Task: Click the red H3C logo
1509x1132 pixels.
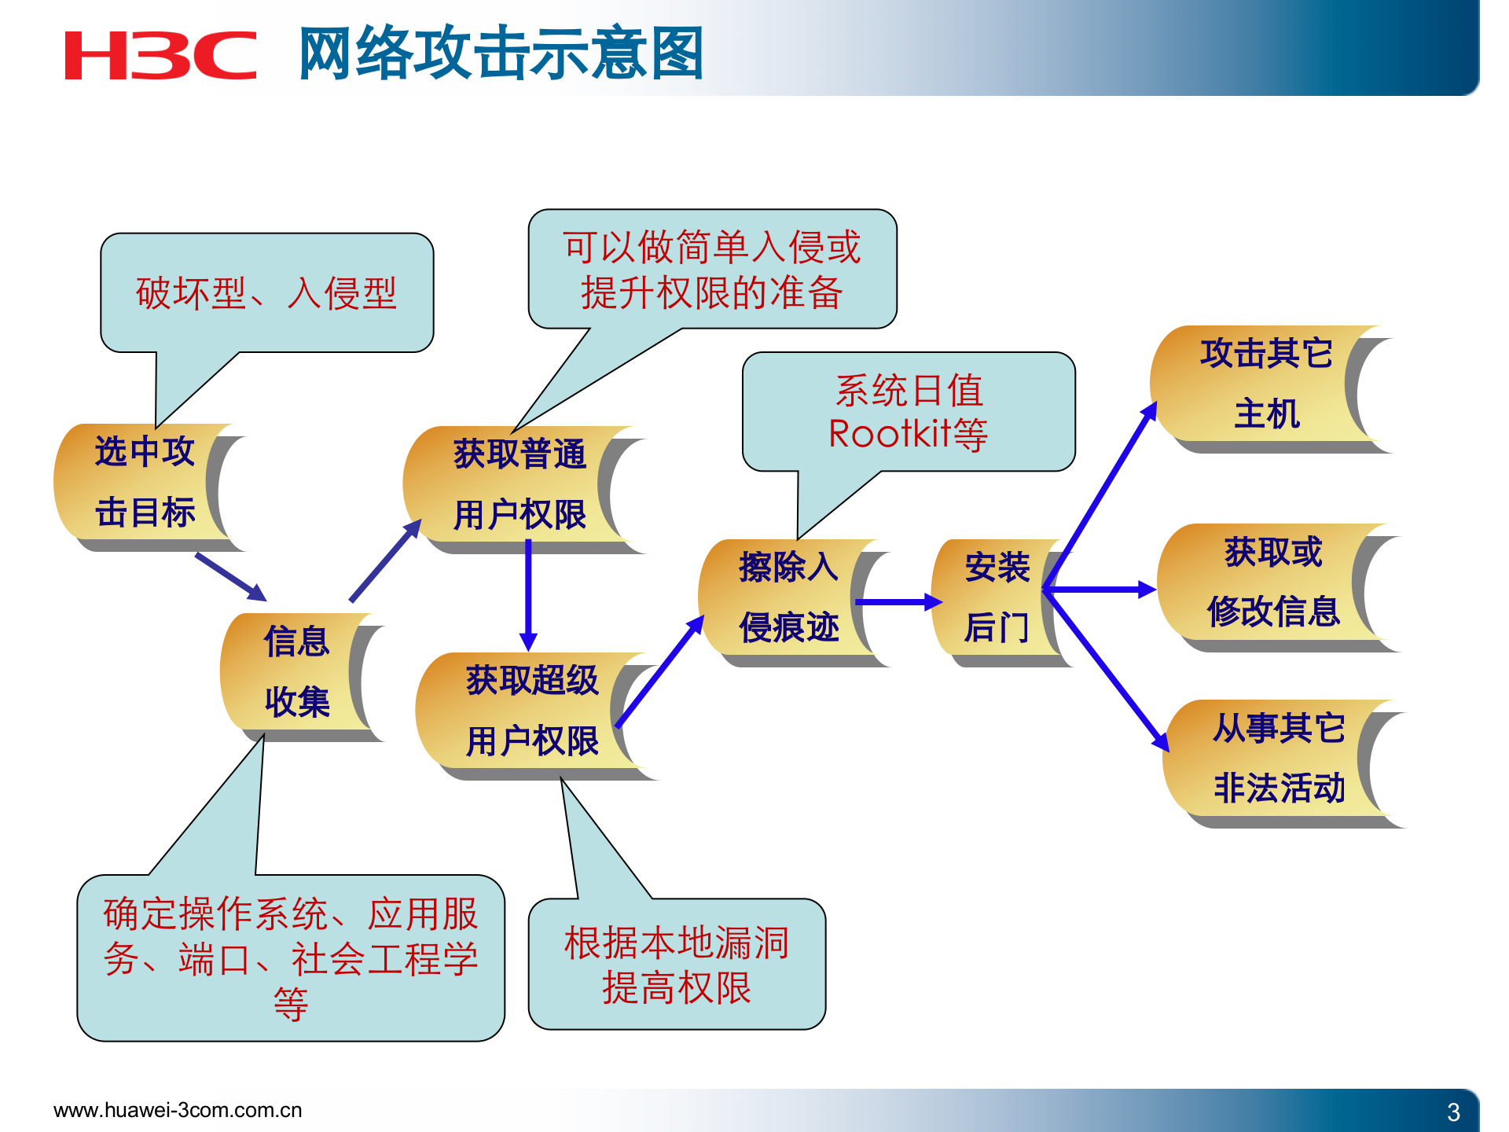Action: click(160, 56)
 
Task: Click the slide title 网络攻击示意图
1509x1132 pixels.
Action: click(501, 54)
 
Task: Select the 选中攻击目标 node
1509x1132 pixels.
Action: click(145, 483)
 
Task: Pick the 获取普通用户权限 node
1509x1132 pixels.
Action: click(519, 485)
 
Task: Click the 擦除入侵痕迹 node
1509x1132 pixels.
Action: click(788, 598)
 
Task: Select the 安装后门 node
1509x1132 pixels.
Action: click(997, 598)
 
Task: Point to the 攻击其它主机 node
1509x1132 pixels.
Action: click(1265, 384)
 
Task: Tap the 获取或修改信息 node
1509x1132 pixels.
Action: click(1272, 583)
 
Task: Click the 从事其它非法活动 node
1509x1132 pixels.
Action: click(1278, 759)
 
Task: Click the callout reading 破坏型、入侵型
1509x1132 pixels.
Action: click(266, 292)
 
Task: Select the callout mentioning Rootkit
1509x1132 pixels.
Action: click(909, 412)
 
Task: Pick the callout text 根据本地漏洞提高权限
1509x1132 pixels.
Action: click(677, 965)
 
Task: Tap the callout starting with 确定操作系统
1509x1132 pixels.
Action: click(290, 958)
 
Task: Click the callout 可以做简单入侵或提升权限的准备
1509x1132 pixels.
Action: click(712, 269)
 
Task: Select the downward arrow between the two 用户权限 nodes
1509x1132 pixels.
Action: click(528, 594)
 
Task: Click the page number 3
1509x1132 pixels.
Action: click(1453, 1112)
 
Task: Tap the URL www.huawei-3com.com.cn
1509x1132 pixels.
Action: click(178, 1110)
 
